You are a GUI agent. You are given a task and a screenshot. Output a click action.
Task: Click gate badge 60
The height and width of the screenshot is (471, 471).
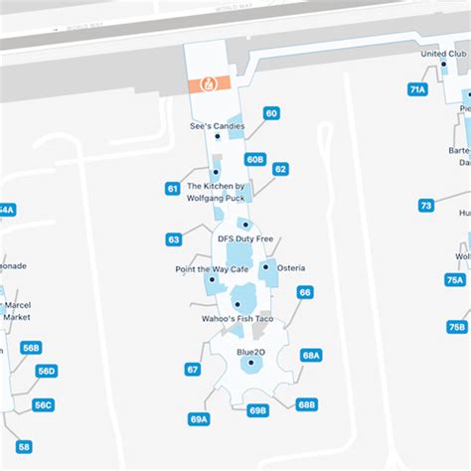click(271, 113)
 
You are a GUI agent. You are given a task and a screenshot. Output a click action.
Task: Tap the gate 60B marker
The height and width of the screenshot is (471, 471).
click(255, 159)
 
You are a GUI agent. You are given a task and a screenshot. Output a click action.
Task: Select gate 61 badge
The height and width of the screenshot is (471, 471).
click(173, 188)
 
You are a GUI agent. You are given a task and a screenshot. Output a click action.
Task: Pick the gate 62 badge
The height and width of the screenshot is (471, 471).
click(280, 169)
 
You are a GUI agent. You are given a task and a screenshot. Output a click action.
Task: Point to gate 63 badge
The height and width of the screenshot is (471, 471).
click(174, 239)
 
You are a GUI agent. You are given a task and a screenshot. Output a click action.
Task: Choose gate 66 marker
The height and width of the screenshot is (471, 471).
click(305, 292)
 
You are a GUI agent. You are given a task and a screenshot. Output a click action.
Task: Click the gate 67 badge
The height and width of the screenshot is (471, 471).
click(193, 369)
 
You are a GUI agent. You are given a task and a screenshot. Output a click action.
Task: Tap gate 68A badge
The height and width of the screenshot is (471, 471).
click(311, 355)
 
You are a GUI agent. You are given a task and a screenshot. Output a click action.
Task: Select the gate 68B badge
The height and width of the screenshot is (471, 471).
click(307, 404)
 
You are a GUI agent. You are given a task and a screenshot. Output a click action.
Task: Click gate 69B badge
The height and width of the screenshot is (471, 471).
click(258, 410)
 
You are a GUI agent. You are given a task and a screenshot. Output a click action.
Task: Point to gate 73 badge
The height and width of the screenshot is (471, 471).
click(426, 206)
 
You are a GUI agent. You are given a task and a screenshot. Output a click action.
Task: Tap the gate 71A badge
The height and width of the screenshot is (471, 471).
click(417, 89)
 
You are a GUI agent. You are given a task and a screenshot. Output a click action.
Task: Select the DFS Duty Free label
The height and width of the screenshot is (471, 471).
click(245, 238)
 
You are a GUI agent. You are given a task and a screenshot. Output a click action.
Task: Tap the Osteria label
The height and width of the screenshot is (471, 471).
click(291, 268)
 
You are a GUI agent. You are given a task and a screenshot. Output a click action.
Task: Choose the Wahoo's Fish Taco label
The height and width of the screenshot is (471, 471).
click(237, 319)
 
